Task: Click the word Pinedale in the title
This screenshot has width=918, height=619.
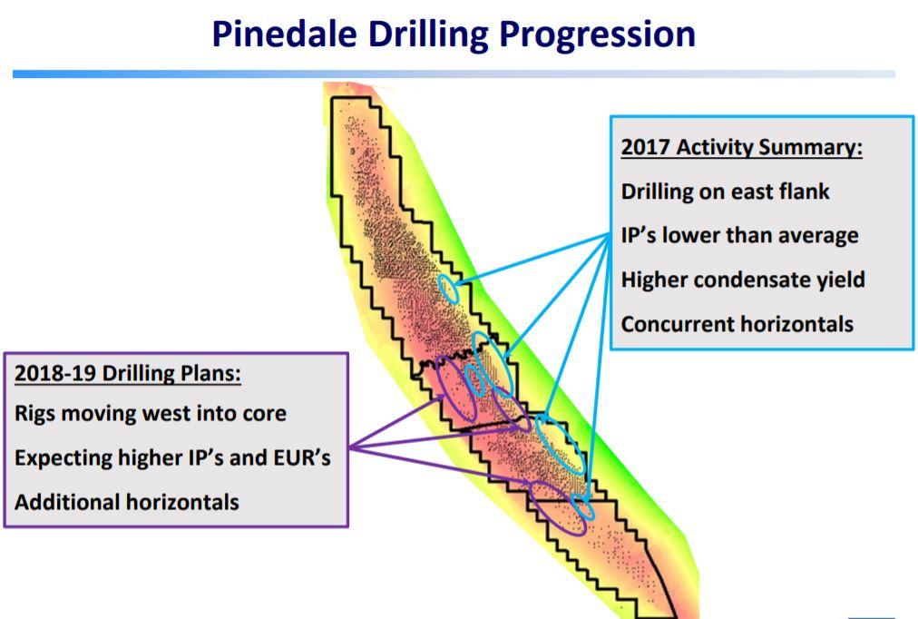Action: [284, 34]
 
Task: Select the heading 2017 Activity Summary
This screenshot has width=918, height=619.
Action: [742, 147]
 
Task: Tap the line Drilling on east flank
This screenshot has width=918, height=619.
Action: [725, 192]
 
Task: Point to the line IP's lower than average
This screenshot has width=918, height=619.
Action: [739, 235]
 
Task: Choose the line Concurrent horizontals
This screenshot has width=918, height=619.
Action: [737, 324]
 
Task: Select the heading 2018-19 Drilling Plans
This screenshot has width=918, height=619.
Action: [128, 374]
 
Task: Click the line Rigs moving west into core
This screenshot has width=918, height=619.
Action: [151, 414]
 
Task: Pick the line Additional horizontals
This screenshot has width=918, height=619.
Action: [127, 502]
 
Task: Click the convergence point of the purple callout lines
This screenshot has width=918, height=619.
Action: [350, 448]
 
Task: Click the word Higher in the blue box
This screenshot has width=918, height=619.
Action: [654, 280]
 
